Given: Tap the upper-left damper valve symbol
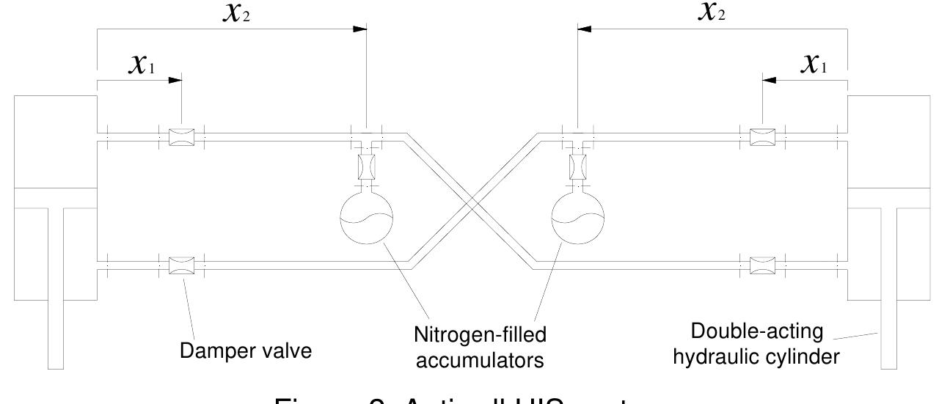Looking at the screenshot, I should (181, 137).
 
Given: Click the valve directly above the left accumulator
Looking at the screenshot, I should (367, 167).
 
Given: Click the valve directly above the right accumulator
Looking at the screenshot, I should (577, 167).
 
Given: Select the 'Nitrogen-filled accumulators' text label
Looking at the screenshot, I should (472, 347).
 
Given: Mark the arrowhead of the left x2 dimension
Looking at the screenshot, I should (359, 29).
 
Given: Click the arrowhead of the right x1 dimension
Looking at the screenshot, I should (769, 78).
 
